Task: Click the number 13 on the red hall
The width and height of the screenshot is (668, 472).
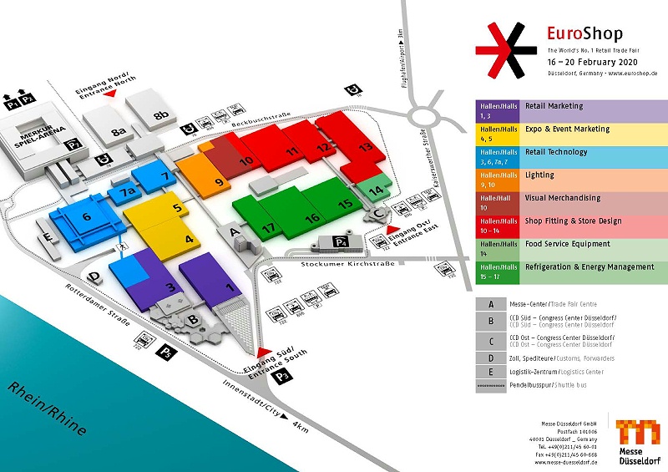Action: click(364, 146)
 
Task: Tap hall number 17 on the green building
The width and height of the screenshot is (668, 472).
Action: click(268, 227)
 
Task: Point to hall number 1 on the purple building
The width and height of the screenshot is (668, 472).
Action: click(230, 288)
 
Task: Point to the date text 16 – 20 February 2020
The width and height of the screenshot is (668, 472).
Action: click(592, 62)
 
